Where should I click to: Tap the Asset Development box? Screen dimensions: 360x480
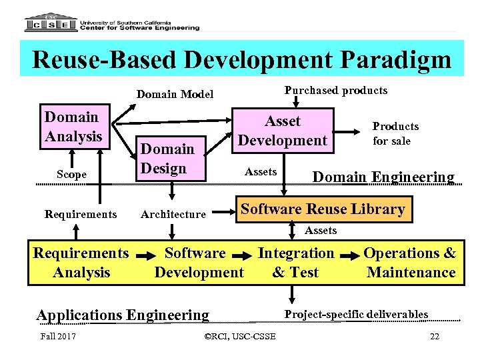coord(283,131)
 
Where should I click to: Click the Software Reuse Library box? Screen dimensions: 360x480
coord(323,209)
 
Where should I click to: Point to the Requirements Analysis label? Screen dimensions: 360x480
coord(81,263)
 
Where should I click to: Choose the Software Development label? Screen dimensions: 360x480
coord(199,263)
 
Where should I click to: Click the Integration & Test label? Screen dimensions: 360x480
coord(296,263)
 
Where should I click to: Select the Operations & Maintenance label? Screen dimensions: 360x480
coord(410,263)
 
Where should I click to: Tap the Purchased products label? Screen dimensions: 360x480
coord(335,90)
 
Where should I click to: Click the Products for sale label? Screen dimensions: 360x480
coord(395,133)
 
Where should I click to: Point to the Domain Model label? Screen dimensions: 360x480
coord(175,94)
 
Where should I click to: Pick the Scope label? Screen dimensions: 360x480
coord(71,174)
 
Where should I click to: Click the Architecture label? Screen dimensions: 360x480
coord(173,214)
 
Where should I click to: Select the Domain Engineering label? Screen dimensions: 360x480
coord(383,177)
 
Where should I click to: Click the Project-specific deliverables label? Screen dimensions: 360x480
coord(356,314)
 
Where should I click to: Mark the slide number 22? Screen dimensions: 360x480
coord(435,336)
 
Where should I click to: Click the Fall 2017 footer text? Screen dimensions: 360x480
coord(57,335)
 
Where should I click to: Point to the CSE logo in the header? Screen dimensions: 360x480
coord(50,24)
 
